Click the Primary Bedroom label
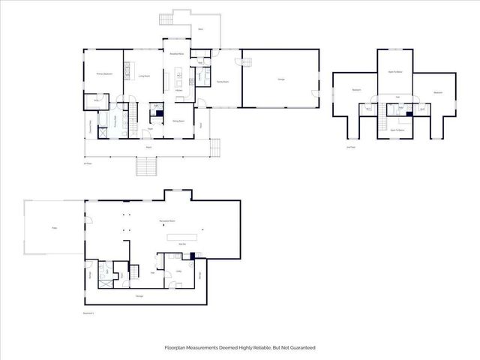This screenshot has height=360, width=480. (x=104, y=74)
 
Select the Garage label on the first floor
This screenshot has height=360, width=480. (x=280, y=80)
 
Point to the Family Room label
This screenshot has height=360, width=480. (x=223, y=81)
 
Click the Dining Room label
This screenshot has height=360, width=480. (x=179, y=121)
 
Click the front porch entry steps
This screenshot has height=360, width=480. (x=145, y=167)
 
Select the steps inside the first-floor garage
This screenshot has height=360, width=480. (x=238, y=61)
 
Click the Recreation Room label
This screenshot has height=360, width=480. (x=167, y=222)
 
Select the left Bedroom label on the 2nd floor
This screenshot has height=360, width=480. (x=356, y=91)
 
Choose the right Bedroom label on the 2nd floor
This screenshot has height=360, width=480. (x=437, y=92)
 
